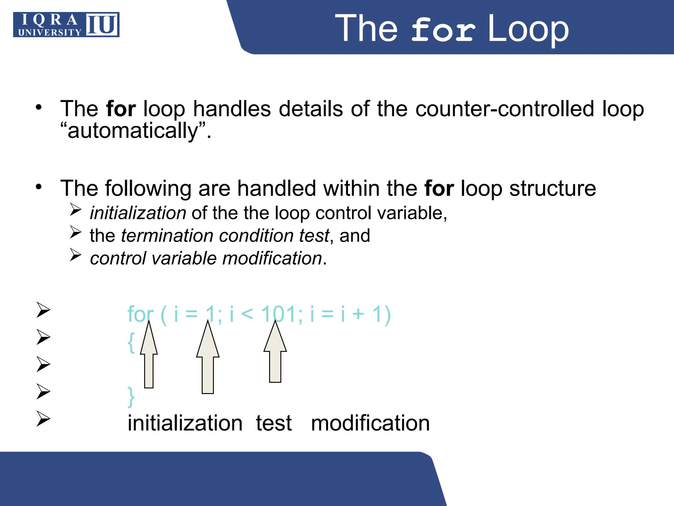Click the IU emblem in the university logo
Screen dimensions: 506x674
click(102, 25)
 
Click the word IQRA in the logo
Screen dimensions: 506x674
click(49, 20)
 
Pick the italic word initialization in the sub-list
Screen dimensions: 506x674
click(138, 213)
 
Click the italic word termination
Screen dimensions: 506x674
click(167, 236)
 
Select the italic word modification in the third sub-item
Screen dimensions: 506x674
click(272, 258)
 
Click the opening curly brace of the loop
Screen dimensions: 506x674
click(131, 343)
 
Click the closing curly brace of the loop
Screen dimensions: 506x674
click(131, 397)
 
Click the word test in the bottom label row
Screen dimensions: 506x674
click(274, 423)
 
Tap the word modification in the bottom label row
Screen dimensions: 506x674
click(370, 423)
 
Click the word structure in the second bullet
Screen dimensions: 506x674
click(553, 188)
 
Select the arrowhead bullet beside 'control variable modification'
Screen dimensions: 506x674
click(75, 255)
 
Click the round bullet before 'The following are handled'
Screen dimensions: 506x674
click(39, 187)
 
